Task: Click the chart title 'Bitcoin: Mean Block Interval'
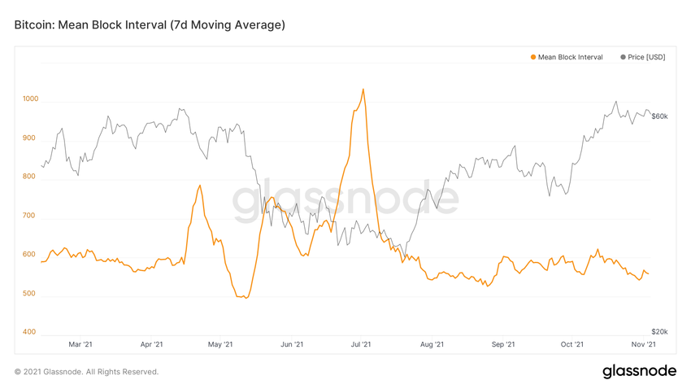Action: click(x=150, y=25)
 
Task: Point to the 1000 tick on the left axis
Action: click(x=30, y=99)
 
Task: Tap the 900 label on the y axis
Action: click(x=30, y=138)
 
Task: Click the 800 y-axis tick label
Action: click(x=30, y=177)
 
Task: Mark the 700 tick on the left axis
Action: click(x=30, y=216)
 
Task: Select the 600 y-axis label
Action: click(x=30, y=255)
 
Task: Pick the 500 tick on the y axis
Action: click(x=30, y=294)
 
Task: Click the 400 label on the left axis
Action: click(x=30, y=332)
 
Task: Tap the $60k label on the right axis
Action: click(x=659, y=116)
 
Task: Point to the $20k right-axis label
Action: click(x=659, y=332)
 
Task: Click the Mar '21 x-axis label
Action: click(x=80, y=345)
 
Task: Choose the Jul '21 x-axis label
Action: click(x=362, y=345)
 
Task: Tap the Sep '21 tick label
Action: click(x=503, y=345)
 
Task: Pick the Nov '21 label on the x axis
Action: click(x=645, y=345)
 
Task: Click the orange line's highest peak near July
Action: click(x=363, y=90)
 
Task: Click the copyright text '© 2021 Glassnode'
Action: click(x=86, y=372)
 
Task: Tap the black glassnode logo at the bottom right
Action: click(x=639, y=371)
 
